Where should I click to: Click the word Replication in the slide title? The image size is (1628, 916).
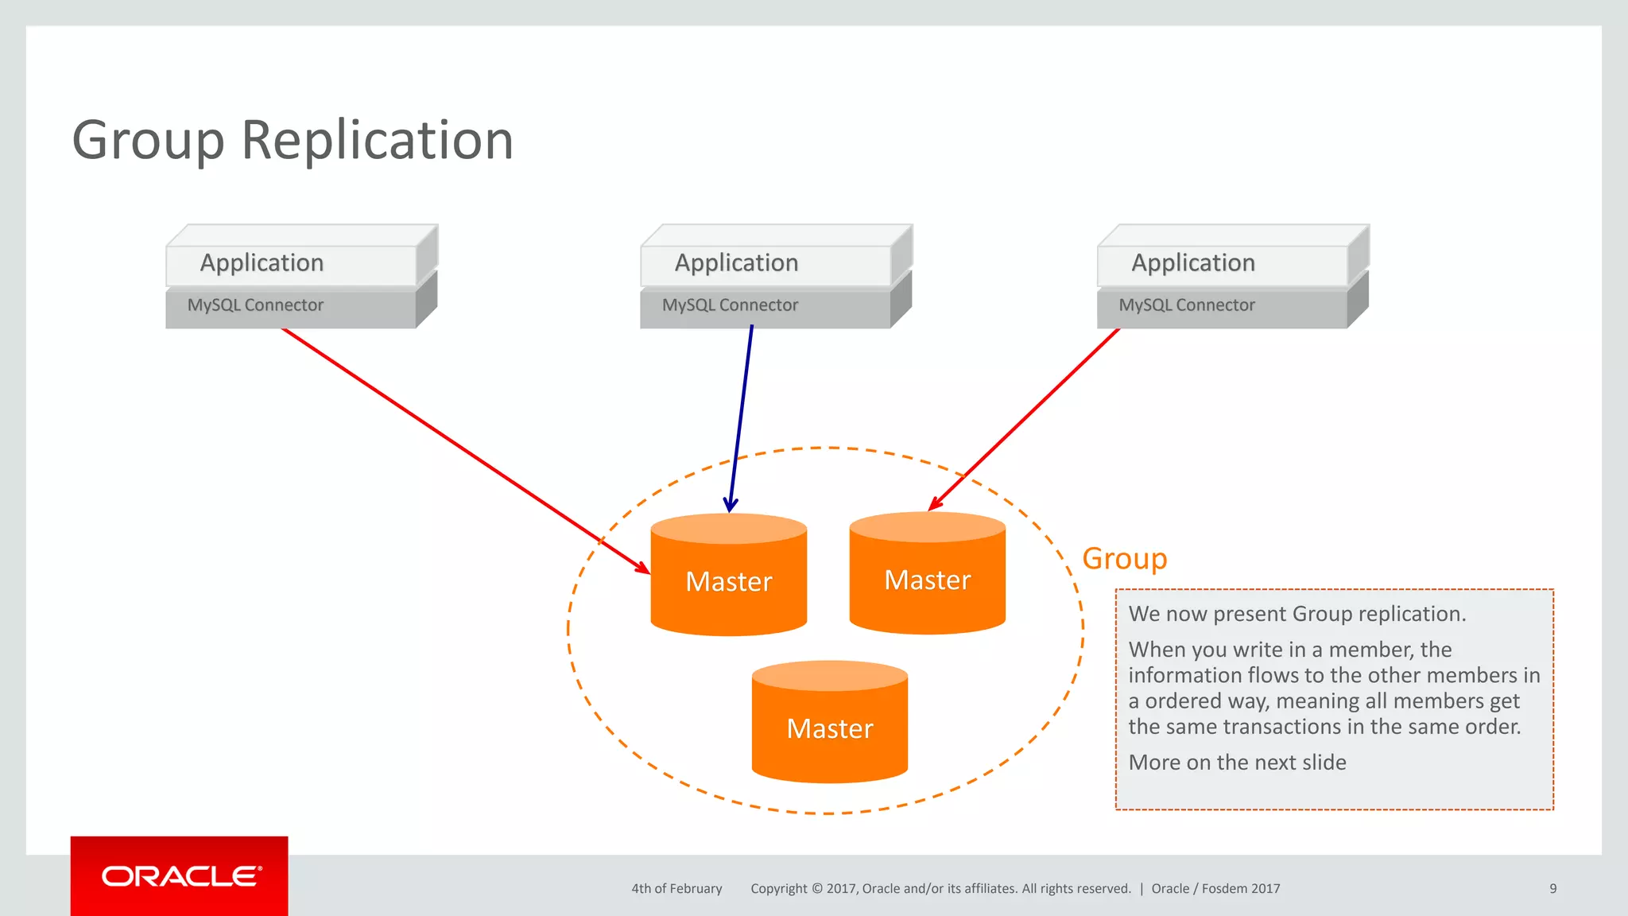377,141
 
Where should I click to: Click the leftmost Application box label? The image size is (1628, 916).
262,263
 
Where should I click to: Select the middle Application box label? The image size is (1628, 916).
736,263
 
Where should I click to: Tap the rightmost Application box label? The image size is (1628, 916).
1192,263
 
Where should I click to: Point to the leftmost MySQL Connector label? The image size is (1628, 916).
255,305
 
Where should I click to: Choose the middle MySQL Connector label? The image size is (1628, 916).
730,305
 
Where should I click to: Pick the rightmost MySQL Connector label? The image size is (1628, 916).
1186,305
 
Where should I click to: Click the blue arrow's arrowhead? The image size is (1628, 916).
731,506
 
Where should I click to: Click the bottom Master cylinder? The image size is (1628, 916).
829,728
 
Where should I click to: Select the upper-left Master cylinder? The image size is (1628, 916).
728,580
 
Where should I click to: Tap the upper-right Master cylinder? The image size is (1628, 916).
927,579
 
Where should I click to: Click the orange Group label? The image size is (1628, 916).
1124,558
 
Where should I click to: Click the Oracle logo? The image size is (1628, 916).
180,876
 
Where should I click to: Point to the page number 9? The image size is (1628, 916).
1552,888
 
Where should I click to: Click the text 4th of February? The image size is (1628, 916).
676,888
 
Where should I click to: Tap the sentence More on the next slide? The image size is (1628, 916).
1237,763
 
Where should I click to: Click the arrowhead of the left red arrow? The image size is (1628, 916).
644,569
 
